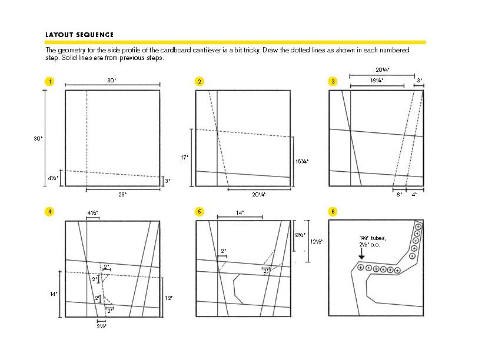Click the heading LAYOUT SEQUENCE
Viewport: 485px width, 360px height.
[79, 35]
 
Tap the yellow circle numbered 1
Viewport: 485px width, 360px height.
[50, 81]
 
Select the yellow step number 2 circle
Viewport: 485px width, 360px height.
[200, 81]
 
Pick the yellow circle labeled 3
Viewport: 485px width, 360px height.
[333, 81]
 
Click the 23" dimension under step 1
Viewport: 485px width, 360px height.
[122, 194]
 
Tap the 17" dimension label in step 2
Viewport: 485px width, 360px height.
[184, 157]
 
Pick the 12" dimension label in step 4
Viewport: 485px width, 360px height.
[168, 298]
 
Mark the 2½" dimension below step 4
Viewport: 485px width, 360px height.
[101, 325]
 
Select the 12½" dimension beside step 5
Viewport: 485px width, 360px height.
[316, 241]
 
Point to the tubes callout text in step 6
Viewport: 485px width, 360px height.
[376, 241]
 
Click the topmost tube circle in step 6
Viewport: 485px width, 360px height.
[418, 226]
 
